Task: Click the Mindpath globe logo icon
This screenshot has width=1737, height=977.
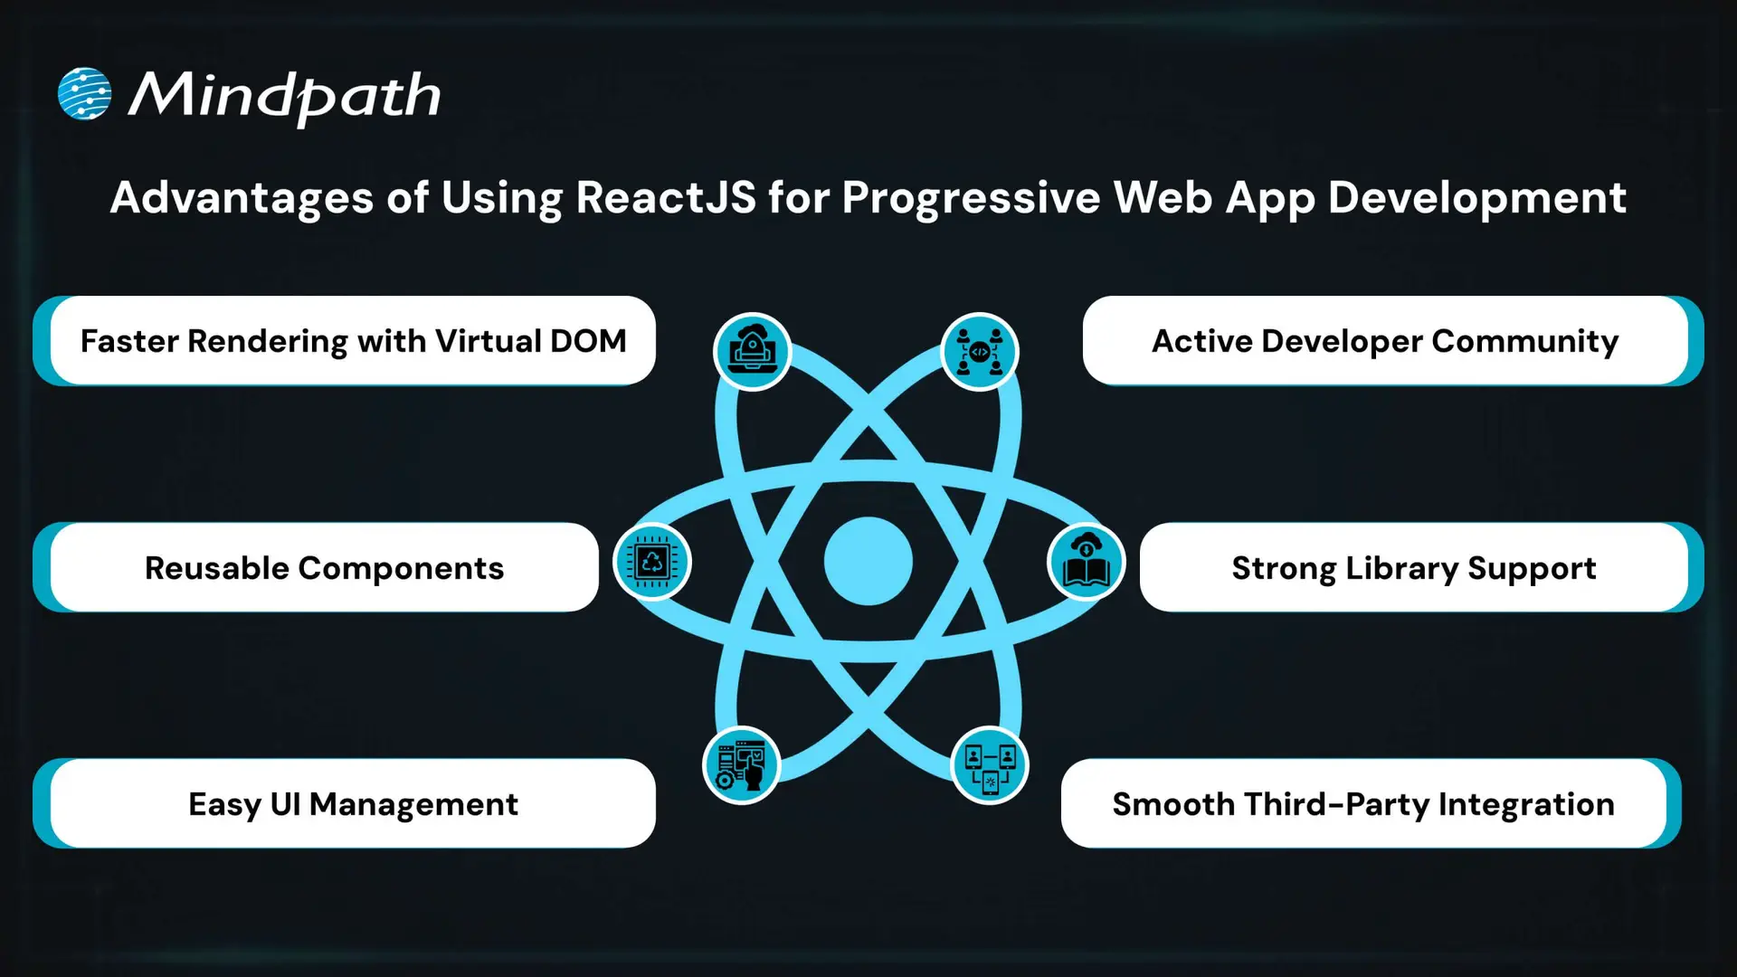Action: tap(84, 94)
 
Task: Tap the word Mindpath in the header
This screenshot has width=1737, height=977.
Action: tap(284, 96)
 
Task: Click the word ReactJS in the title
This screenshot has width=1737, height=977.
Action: tap(665, 197)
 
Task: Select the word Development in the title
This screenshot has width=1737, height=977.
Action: tap(1476, 197)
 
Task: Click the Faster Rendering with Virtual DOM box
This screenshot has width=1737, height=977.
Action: tap(353, 341)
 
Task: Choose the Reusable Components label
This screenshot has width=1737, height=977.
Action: tap(324, 568)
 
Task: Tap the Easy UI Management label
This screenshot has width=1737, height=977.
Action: tap(353, 804)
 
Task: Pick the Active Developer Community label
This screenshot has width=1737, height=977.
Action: tap(1385, 341)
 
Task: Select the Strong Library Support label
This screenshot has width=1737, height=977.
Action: tap(1413, 568)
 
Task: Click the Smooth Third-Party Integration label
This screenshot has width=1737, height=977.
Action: tap(1362, 804)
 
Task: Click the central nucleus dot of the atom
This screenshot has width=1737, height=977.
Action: tap(868, 561)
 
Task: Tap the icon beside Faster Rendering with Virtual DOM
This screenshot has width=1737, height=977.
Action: tap(752, 351)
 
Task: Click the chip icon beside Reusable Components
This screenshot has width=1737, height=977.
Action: tap(651, 562)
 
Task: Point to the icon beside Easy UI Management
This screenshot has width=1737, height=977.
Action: tap(741, 765)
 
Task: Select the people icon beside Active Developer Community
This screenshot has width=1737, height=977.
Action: tap(980, 351)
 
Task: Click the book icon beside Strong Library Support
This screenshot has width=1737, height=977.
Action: tap(1086, 562)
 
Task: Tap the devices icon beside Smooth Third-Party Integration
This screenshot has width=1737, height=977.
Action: tap(990, 765)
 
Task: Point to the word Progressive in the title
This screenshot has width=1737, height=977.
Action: tap(971, 197)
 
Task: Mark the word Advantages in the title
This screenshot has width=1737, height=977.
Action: tap(242, 197)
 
